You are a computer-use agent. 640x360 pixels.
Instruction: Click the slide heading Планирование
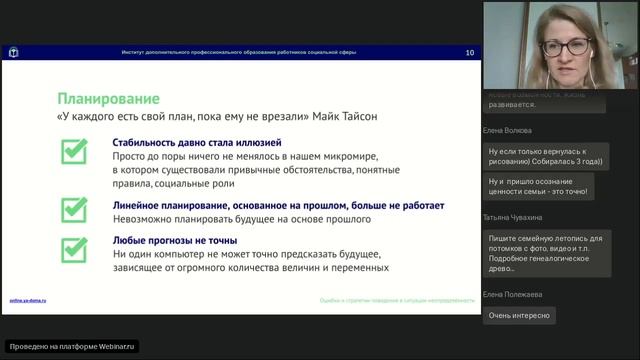[x=109, y=99]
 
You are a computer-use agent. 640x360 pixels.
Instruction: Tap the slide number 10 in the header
[x=470, y=52]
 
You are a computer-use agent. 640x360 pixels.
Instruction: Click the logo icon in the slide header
[x=14, y=52]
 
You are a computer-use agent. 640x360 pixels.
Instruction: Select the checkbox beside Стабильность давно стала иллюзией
[x=74, y=151]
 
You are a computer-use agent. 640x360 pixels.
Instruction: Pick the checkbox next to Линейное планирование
[x=74, y=209]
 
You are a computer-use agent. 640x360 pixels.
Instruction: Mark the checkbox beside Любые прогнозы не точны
[x=74, y=247]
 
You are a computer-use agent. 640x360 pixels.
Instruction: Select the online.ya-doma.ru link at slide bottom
[x=29, y=300]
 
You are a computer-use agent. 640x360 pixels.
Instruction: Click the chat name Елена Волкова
[x=509, y=130]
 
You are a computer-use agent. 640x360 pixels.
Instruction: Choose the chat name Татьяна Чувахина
[x=515, y=216]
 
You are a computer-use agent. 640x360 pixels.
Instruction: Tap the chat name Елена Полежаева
[x=514, y=293]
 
